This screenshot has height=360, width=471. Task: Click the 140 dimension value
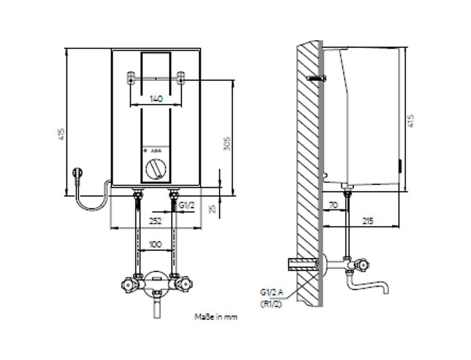click(x=155, y=98)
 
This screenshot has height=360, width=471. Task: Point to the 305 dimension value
click(x=227, y=144)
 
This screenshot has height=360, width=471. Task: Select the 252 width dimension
click(x=155, y=221)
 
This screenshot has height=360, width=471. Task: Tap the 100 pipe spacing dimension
click(x=155, y=244)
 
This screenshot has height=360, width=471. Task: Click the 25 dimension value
click(x=212, y=208)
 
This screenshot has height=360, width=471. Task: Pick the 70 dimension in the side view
click(x=333, y=205)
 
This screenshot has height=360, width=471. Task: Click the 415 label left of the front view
click(x=61, y=135)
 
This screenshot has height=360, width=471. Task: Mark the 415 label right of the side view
click(x=411, y=121)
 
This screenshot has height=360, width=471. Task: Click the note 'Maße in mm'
click(x=216, y=317)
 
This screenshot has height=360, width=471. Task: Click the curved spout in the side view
click(x=372, y=285)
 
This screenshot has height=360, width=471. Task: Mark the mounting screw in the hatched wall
click(x=316, y=78)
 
